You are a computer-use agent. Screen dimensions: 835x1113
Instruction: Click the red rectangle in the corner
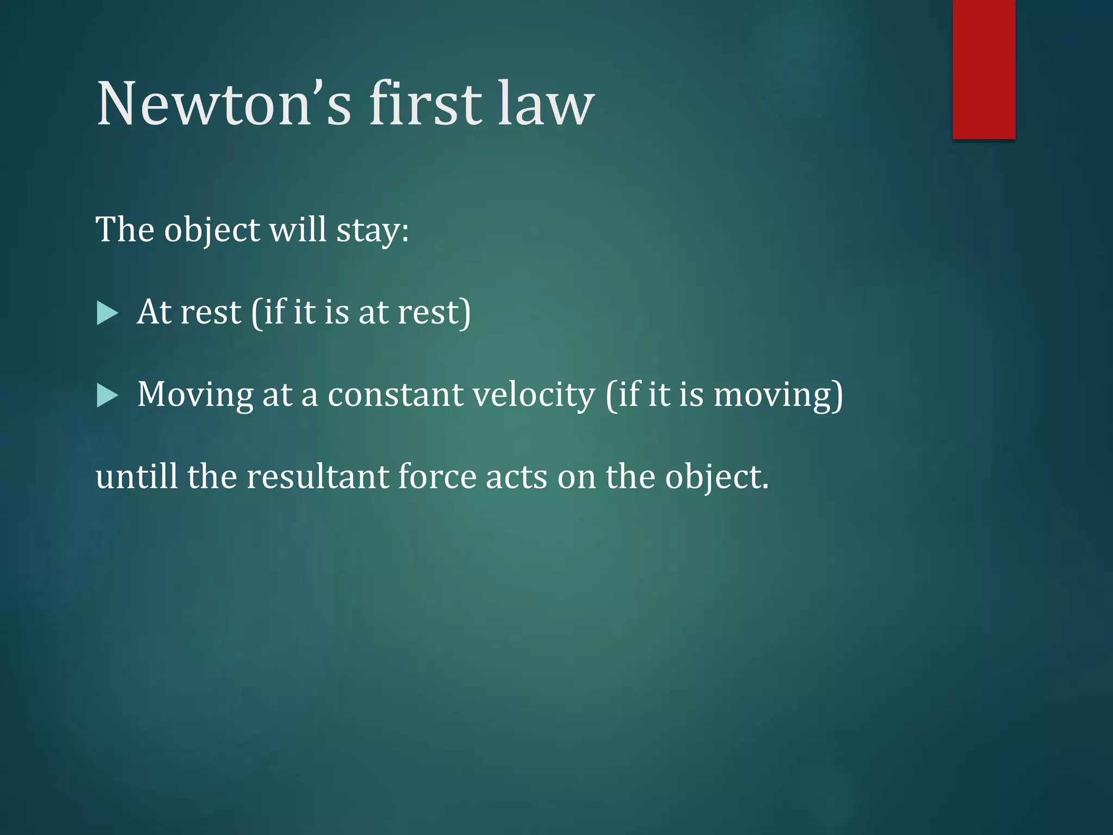984,69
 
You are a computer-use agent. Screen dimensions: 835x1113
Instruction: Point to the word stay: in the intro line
372,230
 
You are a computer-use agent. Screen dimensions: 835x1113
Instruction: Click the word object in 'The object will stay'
212,230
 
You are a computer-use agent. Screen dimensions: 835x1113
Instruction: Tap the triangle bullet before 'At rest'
107,314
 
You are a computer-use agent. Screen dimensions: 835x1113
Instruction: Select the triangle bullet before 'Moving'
107,396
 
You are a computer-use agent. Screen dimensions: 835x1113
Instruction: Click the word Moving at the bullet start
195,395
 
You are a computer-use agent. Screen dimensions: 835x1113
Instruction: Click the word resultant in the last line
317,477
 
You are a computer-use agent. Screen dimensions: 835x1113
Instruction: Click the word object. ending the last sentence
717,477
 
